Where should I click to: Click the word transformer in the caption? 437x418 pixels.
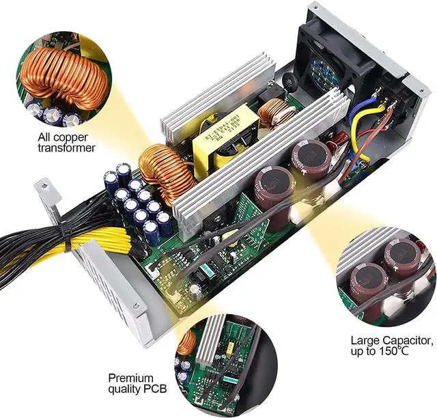(x=66, y=148)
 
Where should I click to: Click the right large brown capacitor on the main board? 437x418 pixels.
(x=311, y=161)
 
